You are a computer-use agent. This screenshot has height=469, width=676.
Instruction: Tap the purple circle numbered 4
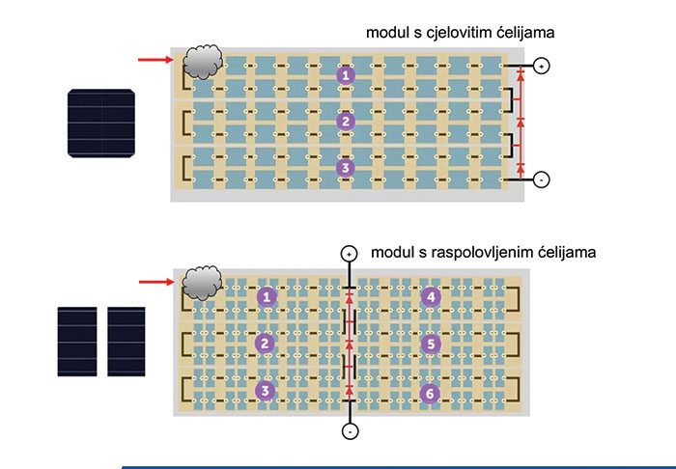point(431,296)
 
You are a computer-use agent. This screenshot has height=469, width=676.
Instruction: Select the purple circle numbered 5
point(431,343)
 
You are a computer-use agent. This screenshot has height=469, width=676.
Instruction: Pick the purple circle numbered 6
point(431,391)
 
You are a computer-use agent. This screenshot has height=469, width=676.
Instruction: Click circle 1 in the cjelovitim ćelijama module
point(346,74)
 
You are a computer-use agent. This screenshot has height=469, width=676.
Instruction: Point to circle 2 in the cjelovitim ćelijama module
point(346,121)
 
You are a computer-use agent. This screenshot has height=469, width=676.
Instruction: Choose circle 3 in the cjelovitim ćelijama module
point(346,168)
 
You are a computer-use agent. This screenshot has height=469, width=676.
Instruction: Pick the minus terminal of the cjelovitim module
point(542,179)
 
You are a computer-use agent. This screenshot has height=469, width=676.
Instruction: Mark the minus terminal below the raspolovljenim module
point(348,432)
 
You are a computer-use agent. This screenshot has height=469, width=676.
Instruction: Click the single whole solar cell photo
point(102,123)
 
